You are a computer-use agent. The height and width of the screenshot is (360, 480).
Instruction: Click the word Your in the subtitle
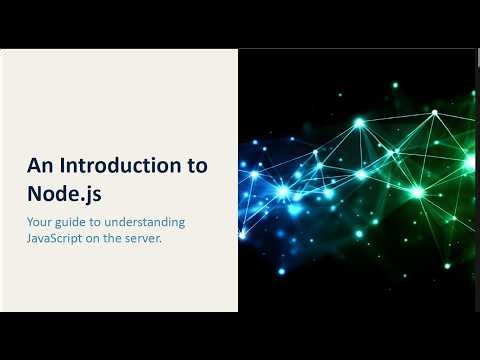tap(41, 221)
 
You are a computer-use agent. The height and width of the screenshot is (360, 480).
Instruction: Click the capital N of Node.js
tap(34, 192)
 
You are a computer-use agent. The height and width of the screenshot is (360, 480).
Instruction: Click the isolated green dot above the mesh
tap(395, 85)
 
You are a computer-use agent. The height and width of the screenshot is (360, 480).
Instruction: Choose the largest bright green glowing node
tap(417, 191)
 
